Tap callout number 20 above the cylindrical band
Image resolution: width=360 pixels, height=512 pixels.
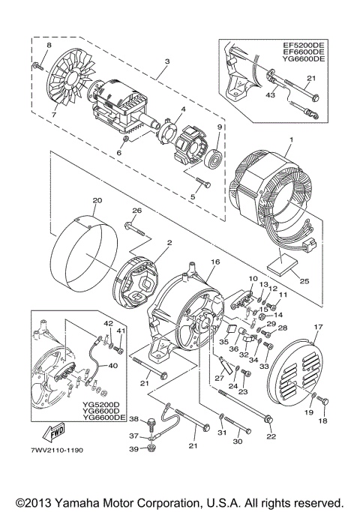click(97, 200)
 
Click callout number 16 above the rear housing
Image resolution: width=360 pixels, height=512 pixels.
click(215, 263)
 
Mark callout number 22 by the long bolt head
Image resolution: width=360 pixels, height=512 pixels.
click(271, 437)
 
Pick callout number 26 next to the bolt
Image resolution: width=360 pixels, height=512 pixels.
click(136, 210)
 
